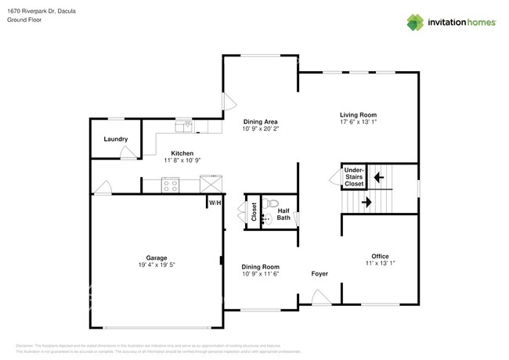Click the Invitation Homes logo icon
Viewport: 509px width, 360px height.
(416, 23)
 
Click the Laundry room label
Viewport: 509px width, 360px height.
(116, 139)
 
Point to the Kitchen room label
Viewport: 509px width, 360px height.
(182, 153)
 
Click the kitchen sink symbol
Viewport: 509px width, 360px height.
(184, 124)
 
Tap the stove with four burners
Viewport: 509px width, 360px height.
(171, 185)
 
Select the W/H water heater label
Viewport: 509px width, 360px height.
(214, 203)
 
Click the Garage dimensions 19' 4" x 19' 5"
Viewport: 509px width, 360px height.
(156, 265)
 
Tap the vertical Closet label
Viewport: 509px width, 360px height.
(254, 211)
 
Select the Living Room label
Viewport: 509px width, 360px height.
(358, 114)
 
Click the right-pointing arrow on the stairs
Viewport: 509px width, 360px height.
(366, 202)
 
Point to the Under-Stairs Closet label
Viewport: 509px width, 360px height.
(354, 176)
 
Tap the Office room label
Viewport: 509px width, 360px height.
(380, 256)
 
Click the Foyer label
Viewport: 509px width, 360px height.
(319, 274)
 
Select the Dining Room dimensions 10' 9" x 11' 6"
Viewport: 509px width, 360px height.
(260, 273)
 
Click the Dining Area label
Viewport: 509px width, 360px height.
(260, 121)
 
